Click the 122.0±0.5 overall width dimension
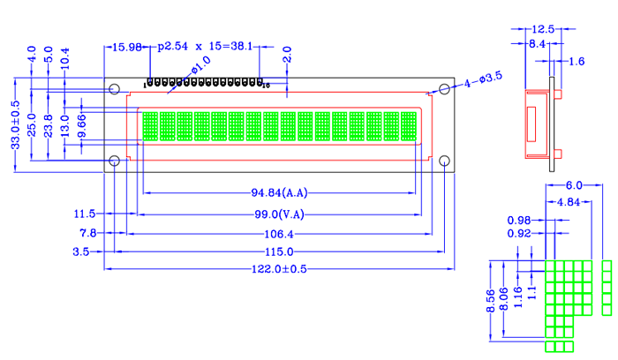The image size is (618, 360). (277, 268)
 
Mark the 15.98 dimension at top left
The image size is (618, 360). (123, 47)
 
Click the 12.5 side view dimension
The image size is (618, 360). (543, 30)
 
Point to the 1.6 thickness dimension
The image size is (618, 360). (576, 61)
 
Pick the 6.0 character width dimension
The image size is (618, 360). (574, 185)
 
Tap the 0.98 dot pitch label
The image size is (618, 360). (519, 221)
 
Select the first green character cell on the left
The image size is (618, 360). (149, 126)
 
